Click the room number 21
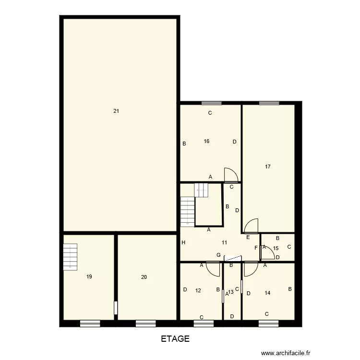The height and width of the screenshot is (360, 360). (x=116, y=111)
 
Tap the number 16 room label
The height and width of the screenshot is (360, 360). (x=206, y=141)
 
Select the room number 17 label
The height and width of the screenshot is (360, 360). (x=268, y=167)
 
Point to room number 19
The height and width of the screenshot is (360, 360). (x=89, y=276)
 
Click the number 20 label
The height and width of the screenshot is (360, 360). (x=144, y=276)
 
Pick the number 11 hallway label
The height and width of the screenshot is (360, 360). (x=224, y=242)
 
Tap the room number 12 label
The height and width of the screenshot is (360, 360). (x=198, y=290)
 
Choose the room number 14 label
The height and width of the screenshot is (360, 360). (x=267, y=292)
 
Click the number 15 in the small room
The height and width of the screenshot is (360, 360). (x=276, y=248)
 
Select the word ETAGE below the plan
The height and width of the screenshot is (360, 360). (x=175, y=338)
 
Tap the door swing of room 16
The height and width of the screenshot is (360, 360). (x=230, y=175)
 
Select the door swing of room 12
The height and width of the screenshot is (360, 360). (x=213, y=270)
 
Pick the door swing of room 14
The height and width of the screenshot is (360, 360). (x=250, y=270)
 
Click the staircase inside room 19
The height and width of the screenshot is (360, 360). (x=70, y=256)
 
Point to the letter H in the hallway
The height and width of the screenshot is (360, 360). (x=183, y=243)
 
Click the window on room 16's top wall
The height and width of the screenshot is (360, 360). (x=211, y=103)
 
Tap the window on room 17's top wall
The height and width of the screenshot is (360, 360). (x=269, y=103)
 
